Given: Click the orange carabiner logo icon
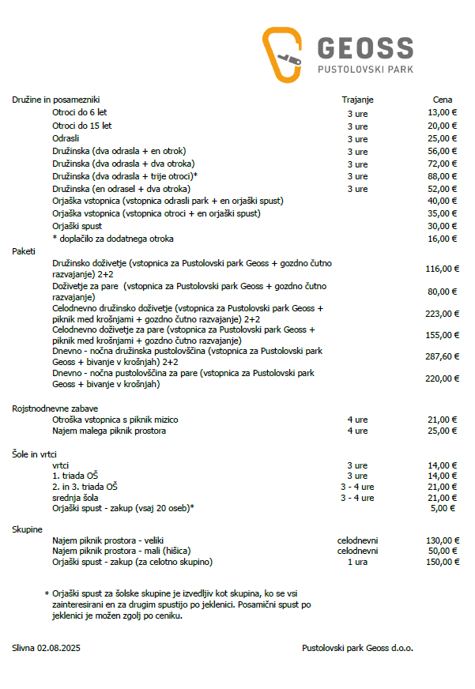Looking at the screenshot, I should [x=282, y=55].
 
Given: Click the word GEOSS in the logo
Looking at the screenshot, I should [x=365, y=48].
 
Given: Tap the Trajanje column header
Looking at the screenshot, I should [x=357, y=100].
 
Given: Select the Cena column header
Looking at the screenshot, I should [x=443, y=100].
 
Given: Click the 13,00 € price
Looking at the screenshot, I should [x=443, y=113].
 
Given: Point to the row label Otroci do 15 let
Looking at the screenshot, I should [x=82, y=126].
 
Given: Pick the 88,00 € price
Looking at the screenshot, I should [x=443, y=176].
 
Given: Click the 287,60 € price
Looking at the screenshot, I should [x=442, y=356].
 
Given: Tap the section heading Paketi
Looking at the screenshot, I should [x=25, y=250].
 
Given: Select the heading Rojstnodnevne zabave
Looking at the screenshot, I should [x=55, y=409].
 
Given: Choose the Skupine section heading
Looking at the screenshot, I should [x=28, y=529].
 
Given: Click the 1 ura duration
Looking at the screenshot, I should [x=357, y=562].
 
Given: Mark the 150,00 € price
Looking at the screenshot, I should [x=442, y=562].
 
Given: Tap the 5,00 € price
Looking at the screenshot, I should [x=445, y=508].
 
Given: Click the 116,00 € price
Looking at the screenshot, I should [x=442, y=269].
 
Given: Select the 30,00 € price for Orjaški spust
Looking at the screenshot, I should [x=443, y=226].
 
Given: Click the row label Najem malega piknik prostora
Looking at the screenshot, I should [x=109, y=431].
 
